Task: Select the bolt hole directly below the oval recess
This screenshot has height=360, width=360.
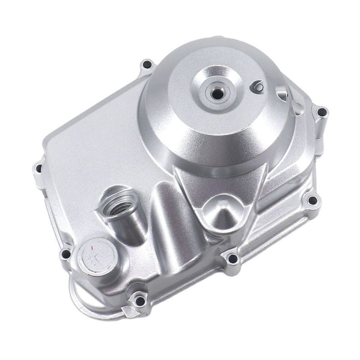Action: click(233, 258)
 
